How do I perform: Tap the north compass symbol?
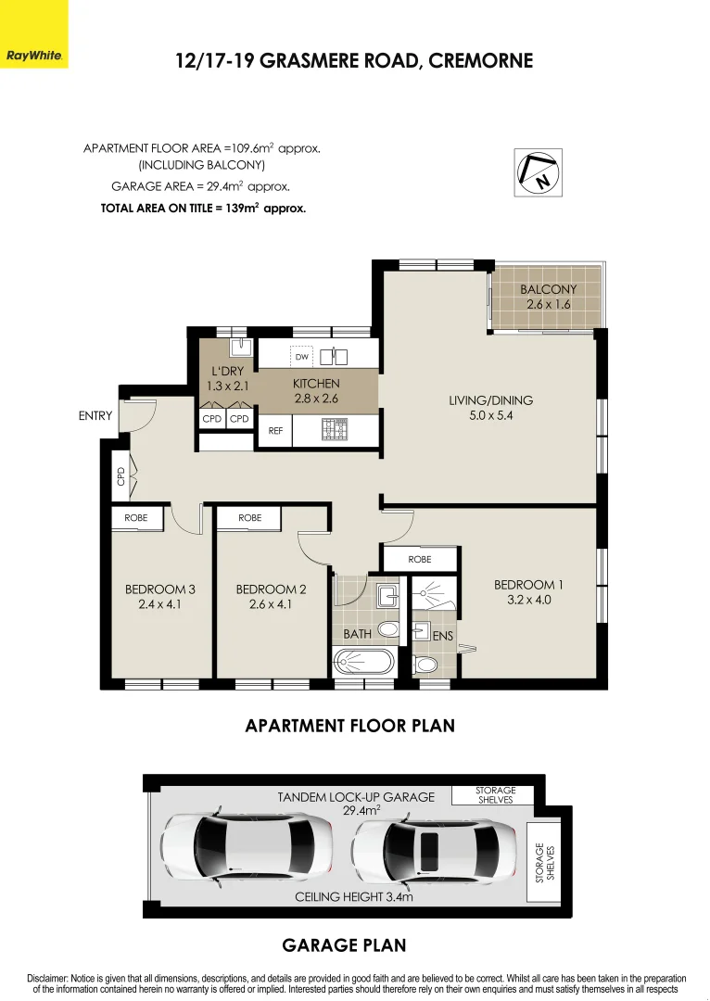coord(539,172)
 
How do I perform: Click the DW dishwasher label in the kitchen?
coord(301,357)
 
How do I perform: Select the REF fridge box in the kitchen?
coord(275,431)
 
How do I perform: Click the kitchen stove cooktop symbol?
coord(334,430)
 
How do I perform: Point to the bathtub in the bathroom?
coord(363,662)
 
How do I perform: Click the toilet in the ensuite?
coord(426,665)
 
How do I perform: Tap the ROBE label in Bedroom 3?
coord(136,518)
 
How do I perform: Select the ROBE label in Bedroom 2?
coord(249,518)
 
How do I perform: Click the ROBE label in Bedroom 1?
coord(420,560)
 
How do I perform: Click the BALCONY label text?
coord(548,289)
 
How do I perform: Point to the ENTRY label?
coord(95,416)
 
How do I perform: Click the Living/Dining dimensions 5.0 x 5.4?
coord(490,416)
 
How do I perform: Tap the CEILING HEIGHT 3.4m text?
coord(353,897)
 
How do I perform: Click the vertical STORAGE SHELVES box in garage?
coord(539,862)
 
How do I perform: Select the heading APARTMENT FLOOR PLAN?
coord(349,726)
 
